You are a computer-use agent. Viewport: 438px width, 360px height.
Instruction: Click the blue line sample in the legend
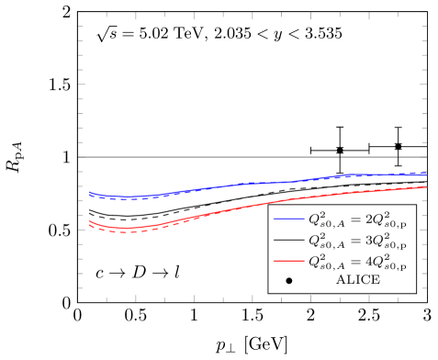(x=288, y=219)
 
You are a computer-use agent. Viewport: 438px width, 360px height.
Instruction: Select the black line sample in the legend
(x=288, y=240)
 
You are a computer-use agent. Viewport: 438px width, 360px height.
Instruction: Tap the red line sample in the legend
(x=288, y=261)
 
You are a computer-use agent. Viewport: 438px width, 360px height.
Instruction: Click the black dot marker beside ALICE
(x=288, y=280)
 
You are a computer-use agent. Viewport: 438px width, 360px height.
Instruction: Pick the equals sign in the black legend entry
(x=354, y=240)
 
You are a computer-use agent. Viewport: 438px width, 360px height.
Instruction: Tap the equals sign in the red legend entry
(x=354, y=261)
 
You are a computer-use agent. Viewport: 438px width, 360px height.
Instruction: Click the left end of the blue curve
(x=89, y=193)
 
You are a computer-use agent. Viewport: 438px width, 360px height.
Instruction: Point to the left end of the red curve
(x=89, y=221)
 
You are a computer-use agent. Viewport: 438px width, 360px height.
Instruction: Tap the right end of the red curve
(x=427, y=186)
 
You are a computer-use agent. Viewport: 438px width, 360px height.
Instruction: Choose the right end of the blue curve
(x=427, y=174)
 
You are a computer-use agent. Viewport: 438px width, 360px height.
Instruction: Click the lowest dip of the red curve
(x=127, y=228)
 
